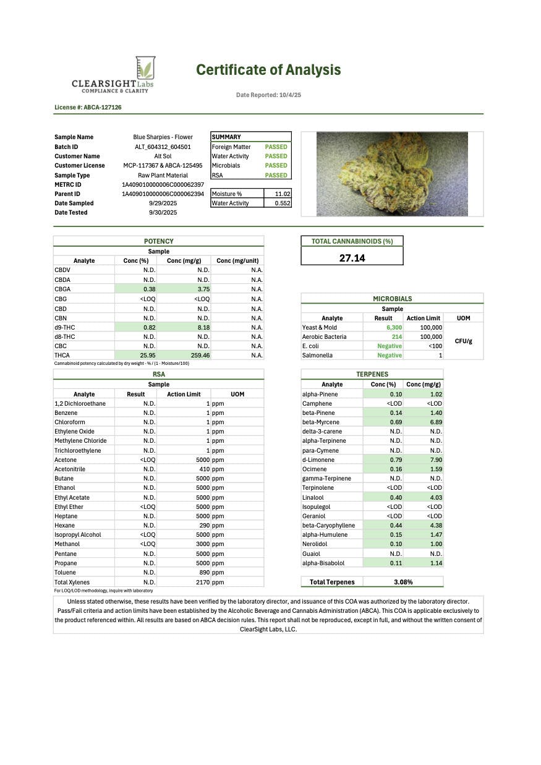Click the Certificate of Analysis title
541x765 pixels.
(268, 70)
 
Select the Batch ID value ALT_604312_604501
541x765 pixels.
(163, 147)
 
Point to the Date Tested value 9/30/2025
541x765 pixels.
(163, 213)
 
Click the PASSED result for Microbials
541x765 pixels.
(276, 166)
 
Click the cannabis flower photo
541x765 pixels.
(392, 174)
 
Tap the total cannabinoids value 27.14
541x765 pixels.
(352, 258)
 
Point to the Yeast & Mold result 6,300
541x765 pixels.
(394, 328)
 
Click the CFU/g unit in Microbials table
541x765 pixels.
(463, 341)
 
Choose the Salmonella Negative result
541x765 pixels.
(390, 356)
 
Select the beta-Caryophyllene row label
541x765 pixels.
(325, 525)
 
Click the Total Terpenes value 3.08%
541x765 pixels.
(403, 582)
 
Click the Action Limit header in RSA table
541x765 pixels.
(184, 394)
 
